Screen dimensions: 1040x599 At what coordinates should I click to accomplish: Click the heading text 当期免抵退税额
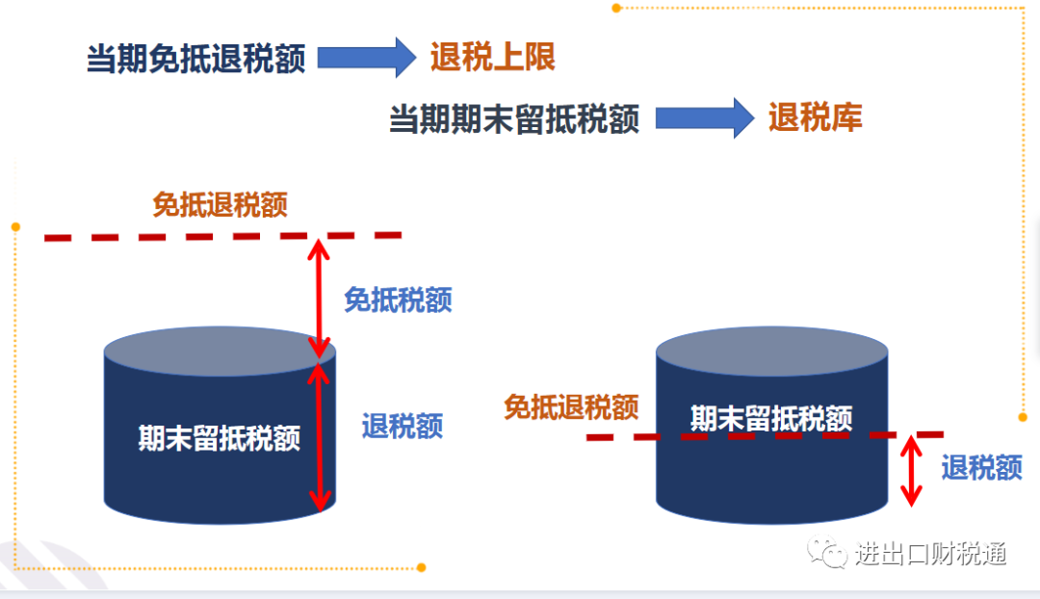tap(195, 59)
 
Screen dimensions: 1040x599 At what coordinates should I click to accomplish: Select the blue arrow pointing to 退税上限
tap(367, 58)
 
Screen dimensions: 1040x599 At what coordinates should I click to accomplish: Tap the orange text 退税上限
tap(493, 57)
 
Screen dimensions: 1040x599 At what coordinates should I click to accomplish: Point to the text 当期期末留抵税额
tap(514, 119)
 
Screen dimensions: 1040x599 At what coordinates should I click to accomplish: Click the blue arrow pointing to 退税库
tap(705, 118)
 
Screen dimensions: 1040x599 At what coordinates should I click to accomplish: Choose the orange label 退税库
tap(816, 117)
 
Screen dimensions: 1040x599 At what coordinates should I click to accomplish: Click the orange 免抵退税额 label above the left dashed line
tap(221, 204)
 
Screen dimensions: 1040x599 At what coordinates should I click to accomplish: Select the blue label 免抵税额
tap(398, 299)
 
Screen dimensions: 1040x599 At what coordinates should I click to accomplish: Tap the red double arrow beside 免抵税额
tap(319, 299)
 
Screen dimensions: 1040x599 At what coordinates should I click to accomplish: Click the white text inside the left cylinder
tap(219, 438)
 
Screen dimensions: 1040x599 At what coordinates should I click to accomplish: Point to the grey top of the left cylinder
tap(220, 351)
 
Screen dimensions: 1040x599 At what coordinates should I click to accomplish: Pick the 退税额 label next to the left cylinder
tap(403, 426)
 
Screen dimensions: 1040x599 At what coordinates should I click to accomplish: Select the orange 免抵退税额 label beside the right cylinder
tap(571, 406)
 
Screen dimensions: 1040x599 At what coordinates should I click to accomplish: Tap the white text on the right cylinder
tap(771, 419)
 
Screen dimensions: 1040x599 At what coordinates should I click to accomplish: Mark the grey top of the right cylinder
tap(772, 351)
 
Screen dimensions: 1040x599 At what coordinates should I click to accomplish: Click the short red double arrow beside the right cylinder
tap(911, 471)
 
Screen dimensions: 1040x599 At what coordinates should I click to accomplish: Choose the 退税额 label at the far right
tap(982, 468)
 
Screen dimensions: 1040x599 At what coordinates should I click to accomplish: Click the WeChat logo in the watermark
tap(826, 552)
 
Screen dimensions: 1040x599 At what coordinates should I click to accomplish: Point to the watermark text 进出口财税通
tap(930, 553)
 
